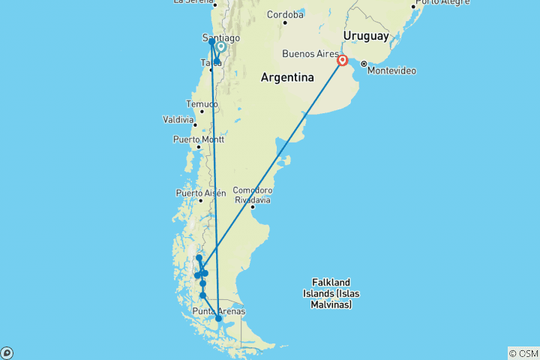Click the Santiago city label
pyautogui.click(x=221, y=37)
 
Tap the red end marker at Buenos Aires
pyautogui.click(x=343, y=61)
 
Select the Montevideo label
pyautogui.click(x=392, y=70)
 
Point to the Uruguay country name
pyautogui.click(x=365, y=36)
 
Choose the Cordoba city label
pyautogui.click(x=285, y=14)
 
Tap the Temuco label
pyautogui.click(x=202, y=104)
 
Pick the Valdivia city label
pyautogui.click(x=180, y=119)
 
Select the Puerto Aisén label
pyautogui.click(x=200, y=193)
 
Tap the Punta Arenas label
pyautogui.click(x=218, y=311)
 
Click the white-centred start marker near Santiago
pyautogui.click(x=220, y=47)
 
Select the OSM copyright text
pyautogui.click(x=523, y=353)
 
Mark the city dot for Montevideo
pyautogui.click(x=364, y=64)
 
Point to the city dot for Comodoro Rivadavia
pyautogui.click(x=253, y=208)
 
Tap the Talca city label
pyautogui.click(x=209, y=63)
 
